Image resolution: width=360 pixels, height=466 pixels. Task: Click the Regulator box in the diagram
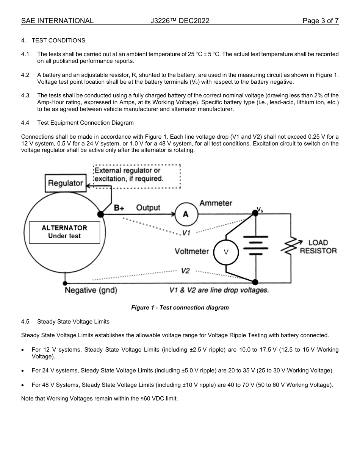click(65, 183)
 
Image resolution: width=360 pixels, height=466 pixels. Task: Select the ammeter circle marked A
click(186, 214)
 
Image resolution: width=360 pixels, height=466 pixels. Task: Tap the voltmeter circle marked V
click(226, 252)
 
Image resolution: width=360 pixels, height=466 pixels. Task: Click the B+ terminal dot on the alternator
click(100, 214)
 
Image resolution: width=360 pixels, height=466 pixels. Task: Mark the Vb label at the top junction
click(260, 210)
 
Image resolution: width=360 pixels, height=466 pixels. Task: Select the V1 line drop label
click(186, 233)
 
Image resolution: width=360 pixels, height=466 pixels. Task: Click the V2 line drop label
click(185, 271)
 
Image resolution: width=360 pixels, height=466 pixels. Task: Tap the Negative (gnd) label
click(91, 291)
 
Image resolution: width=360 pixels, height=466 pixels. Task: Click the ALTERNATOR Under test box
click(64, 232)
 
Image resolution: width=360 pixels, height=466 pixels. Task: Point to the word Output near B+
click(148, 208)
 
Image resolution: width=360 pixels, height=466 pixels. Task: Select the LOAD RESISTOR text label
click(318, 247)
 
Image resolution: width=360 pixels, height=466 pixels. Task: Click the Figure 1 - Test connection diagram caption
click(180, 308)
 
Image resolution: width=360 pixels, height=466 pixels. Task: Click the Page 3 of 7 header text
click(320, 21)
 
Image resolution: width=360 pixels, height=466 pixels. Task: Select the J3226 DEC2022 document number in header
click(180, 21)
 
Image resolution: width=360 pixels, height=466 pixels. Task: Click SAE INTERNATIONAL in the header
click(57, 21)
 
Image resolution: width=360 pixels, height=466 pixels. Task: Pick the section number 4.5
click(25, 322)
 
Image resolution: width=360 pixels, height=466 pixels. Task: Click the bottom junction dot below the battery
click(255, 282)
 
